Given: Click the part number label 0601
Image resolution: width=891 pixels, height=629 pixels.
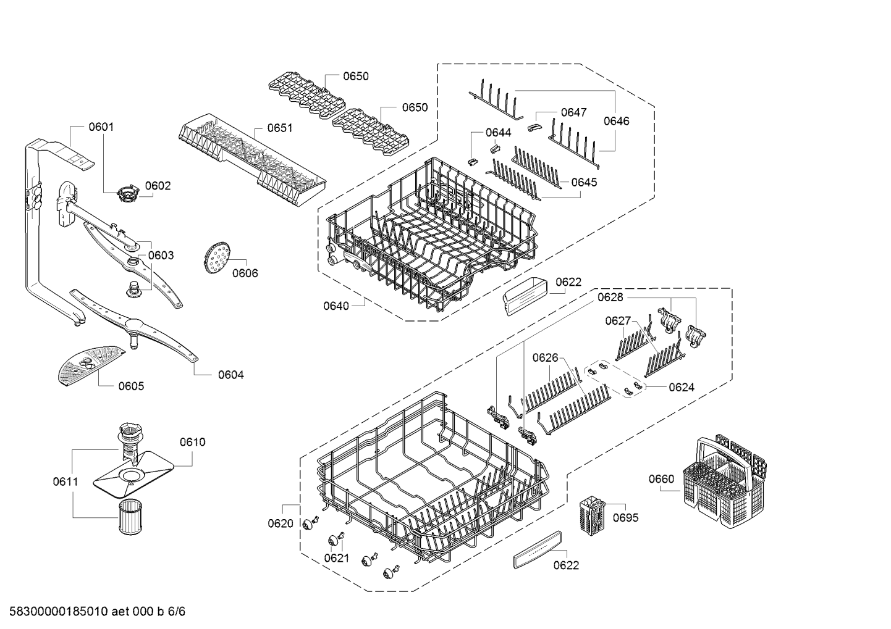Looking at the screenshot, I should point(101,127).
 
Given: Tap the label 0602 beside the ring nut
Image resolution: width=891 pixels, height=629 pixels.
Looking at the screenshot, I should point(158,186).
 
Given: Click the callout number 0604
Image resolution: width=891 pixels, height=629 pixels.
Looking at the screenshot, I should point(230,375).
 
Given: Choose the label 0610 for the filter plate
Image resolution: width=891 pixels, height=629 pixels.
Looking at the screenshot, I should point(192,442).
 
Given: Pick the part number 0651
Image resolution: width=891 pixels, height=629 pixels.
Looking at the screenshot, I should point(279,128).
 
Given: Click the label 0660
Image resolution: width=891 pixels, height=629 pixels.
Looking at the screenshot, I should point(661,479).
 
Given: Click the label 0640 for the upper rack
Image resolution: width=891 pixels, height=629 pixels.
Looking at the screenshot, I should point(336,306).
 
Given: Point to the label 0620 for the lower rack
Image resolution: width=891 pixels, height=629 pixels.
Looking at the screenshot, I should point(281,523).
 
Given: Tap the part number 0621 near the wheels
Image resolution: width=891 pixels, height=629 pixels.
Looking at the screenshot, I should point(336,558).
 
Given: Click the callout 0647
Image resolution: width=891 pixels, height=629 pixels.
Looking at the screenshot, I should point(573,112).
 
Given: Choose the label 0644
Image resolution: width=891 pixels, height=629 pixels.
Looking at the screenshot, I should point(498,133).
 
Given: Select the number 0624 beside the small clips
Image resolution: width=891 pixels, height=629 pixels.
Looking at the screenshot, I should point(681,388).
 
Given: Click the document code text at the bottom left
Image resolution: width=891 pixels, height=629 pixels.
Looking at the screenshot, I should point(93,612).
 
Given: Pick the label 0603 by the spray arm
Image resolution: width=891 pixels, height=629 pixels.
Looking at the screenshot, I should point(161,255).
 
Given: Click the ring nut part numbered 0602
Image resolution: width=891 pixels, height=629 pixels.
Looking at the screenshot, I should point(127,193).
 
